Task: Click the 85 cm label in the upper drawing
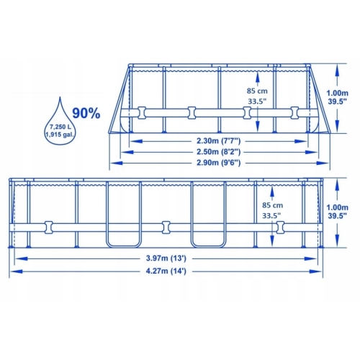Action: click(x=256, y=91)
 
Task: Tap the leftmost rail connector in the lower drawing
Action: click(x=49, y=226)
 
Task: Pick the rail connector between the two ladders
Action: click(x=167, y=226)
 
